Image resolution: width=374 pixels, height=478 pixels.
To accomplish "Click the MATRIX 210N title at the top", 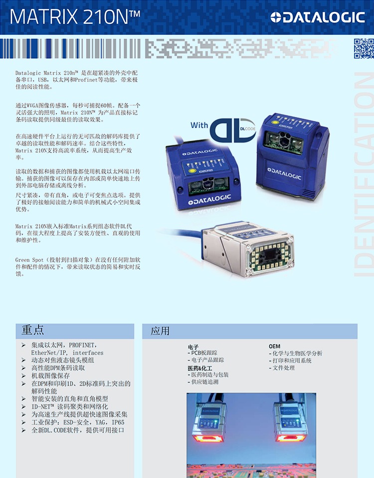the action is click(x=75, y=17).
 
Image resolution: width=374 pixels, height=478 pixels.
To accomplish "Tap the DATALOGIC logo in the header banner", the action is click(x=318, y=17).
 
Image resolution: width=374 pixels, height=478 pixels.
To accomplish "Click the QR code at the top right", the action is click(x=364, y=48).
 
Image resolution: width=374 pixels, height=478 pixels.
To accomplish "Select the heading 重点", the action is click(x=33, y=330).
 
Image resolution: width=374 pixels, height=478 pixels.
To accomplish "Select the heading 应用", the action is click(x=160, y=331).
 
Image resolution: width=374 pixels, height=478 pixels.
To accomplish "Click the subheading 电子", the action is click(x=193, y=347).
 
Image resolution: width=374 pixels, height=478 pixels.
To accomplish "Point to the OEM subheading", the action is click(x=274, y=347).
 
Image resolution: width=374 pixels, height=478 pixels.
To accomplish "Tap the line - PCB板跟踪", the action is click(x=202, y=353).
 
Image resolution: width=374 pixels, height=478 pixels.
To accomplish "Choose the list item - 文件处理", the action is click(x=282, y=367).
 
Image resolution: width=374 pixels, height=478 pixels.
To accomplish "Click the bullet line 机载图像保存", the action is click(x=51, y=375).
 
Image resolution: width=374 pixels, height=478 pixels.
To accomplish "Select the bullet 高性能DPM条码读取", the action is click(x=58, y=367).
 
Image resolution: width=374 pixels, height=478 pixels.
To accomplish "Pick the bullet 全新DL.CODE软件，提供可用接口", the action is click(x=78, y=430).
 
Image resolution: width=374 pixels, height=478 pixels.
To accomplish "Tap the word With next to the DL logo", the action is click(x=199, y=125).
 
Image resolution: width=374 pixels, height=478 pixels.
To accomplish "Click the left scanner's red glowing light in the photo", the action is click(x=208, y=438).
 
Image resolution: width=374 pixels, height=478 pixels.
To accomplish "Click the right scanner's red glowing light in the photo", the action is click(x=291, y=438).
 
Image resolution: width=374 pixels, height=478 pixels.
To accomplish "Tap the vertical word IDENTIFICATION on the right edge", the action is click(x=364, y=174).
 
